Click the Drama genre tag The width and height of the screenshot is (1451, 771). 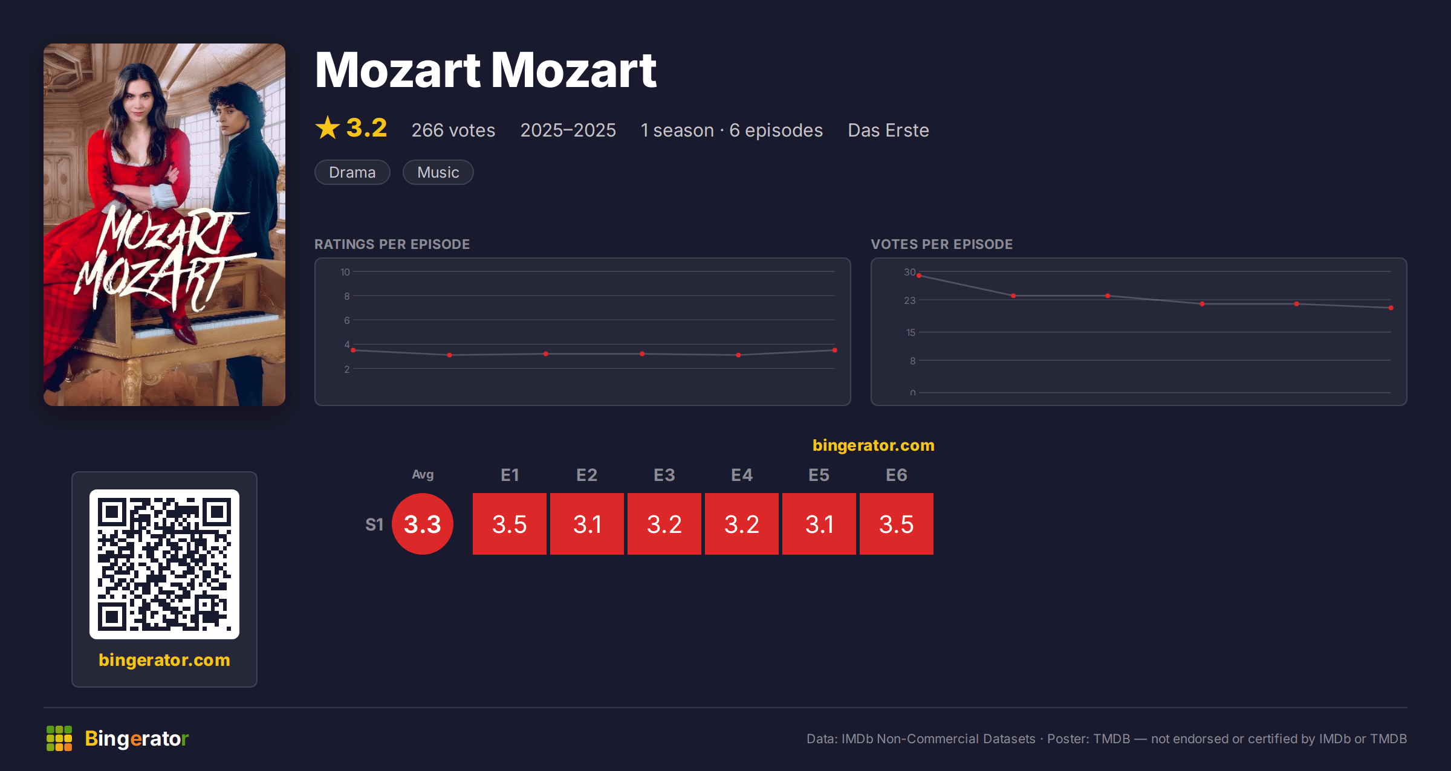point(352,172)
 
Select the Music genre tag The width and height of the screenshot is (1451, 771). point(438,172)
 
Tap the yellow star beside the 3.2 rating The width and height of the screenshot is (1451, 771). point(328,127)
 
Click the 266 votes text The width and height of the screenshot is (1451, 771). point(453,130)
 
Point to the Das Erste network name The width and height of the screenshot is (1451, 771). point(888,130)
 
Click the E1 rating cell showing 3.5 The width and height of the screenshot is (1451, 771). point(510,524)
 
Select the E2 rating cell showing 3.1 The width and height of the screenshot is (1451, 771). point(587,524)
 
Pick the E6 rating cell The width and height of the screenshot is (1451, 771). point(897,524)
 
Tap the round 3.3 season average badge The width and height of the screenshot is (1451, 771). point(423,524)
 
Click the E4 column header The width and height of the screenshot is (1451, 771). point(742,475)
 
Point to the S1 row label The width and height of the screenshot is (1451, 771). point(374,524)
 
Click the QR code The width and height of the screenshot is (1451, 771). point(164,564)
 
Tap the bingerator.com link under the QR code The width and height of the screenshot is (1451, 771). point(164,660)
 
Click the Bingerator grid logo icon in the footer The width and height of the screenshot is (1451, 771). point(59,738)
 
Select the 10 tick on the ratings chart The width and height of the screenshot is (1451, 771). point(345,272)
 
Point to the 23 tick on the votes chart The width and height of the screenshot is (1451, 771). point(910,300)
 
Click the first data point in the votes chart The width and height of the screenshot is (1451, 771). point(919,276)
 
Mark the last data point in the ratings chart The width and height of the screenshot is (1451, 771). point(835,350)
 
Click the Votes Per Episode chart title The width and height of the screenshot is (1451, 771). point(942,244)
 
